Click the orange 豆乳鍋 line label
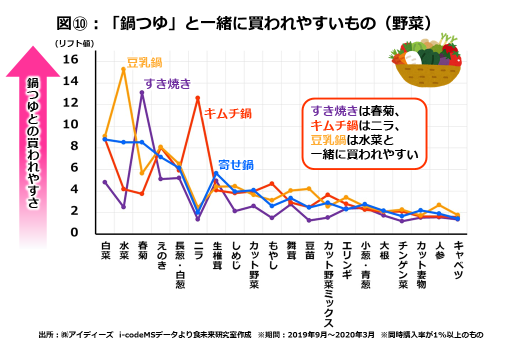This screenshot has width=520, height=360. pos(144,62)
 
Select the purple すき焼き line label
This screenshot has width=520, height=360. pos(167,83)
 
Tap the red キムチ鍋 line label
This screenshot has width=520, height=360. pos(227,112)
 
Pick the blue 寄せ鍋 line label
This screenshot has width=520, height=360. pos(236,164)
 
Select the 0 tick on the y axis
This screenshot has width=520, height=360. pos(75,232)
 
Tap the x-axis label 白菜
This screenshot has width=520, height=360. pos(105,253)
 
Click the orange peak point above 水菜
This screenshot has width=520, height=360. pos(123,69)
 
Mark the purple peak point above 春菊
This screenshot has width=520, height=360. pos(142,92)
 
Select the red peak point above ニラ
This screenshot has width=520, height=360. pos(198,98)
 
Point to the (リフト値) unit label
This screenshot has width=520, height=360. pos(74,43)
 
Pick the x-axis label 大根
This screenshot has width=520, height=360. pos(384,253)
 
